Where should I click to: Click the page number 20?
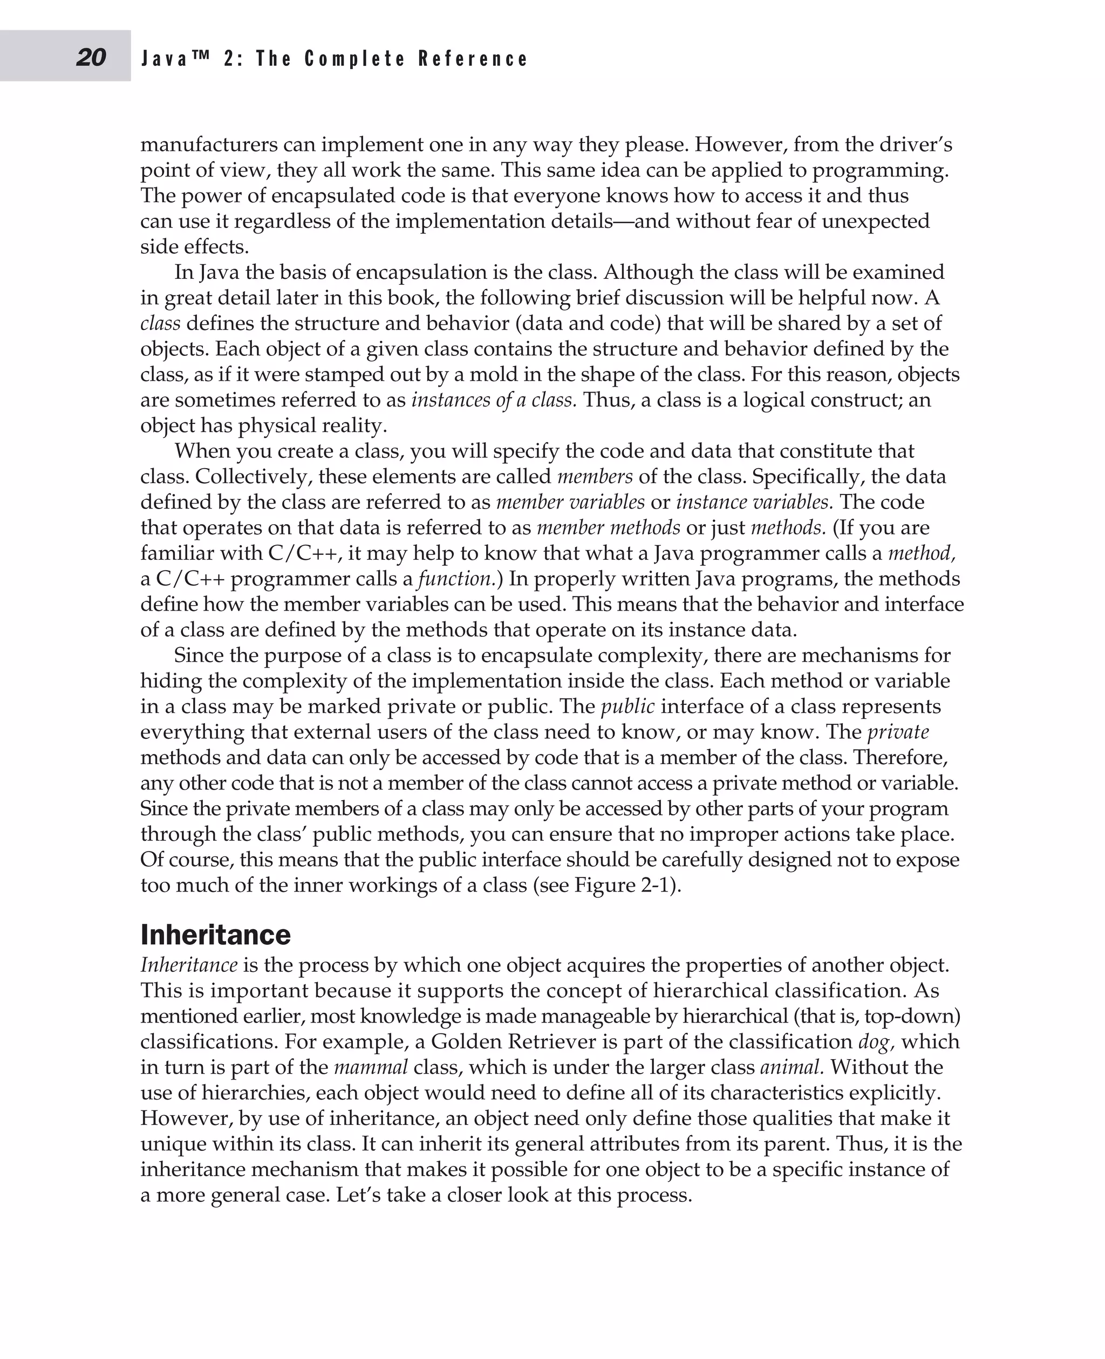coord(91,58)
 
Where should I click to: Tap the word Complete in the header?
coord(354,59)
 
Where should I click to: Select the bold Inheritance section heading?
coord(215,935)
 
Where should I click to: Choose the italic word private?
coord(898,732)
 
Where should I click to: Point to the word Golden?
coord(467,1041)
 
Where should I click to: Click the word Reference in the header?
coord(473,59)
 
